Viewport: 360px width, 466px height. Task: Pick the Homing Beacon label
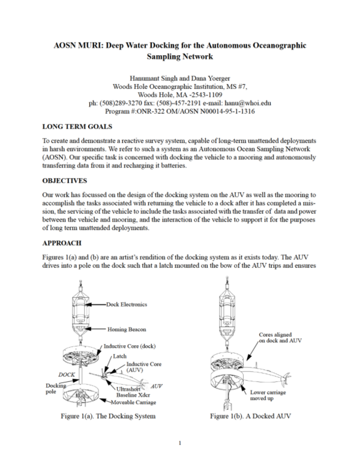point(128,329)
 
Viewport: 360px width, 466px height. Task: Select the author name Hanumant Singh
point(154,78)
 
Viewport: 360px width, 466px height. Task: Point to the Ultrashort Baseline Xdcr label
point(133,392)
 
